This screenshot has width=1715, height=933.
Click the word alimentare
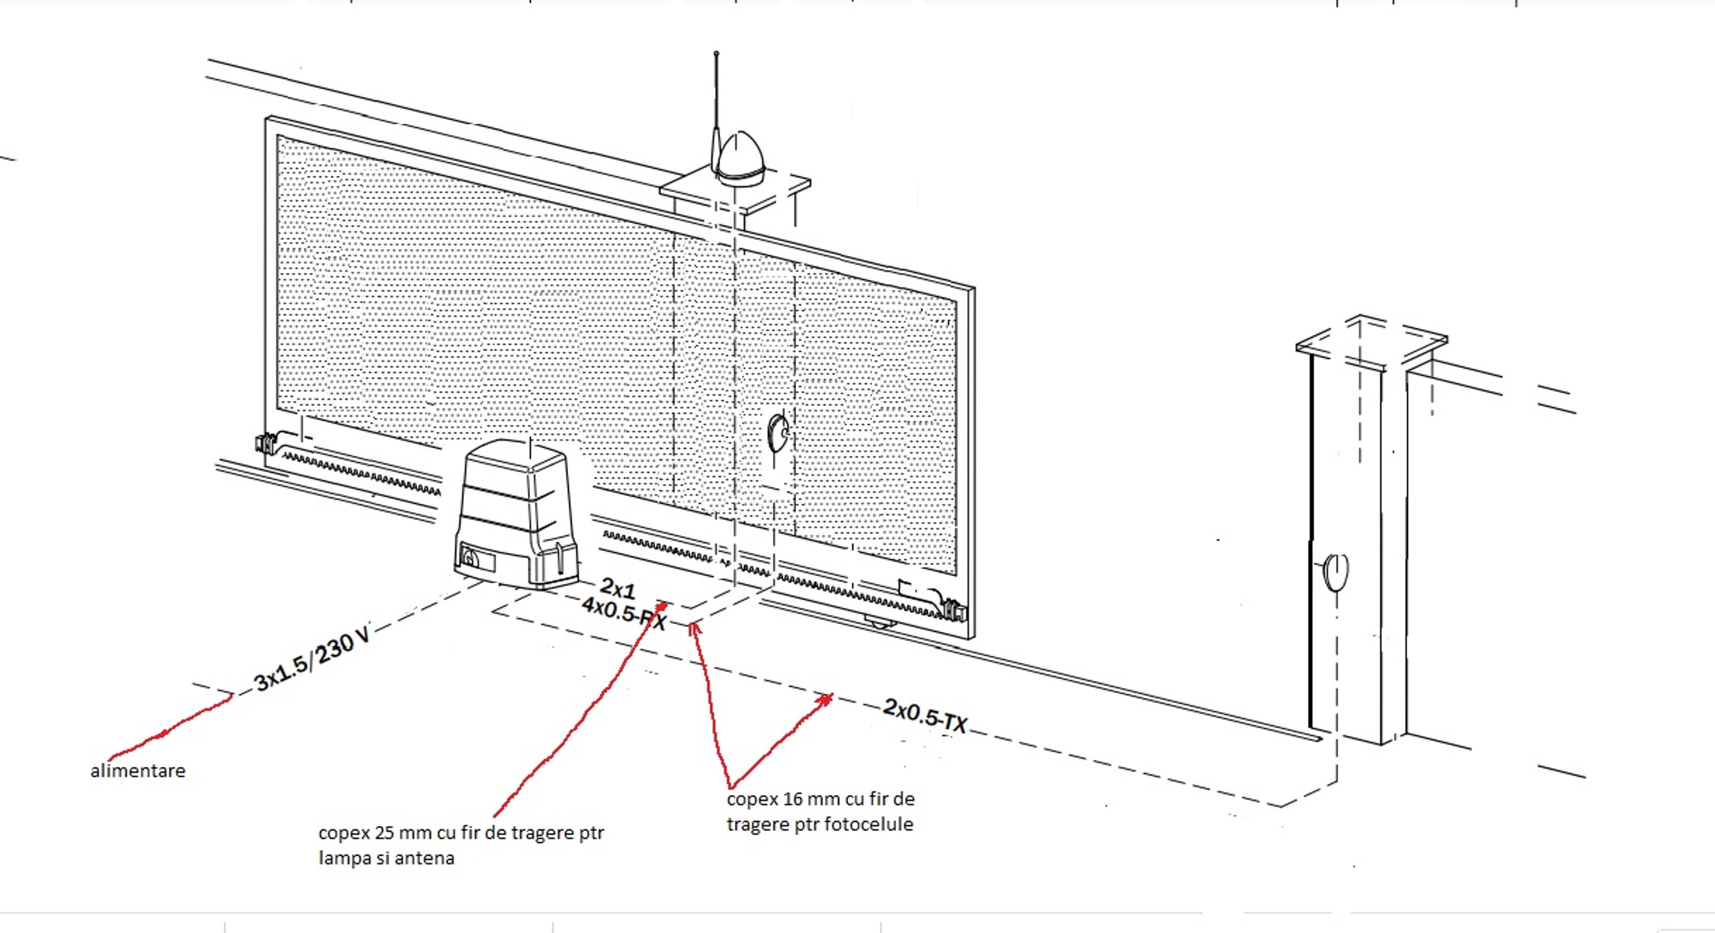[138, 771]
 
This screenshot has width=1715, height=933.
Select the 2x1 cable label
[618, 588]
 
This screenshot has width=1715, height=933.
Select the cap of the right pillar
[1372, 343]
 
